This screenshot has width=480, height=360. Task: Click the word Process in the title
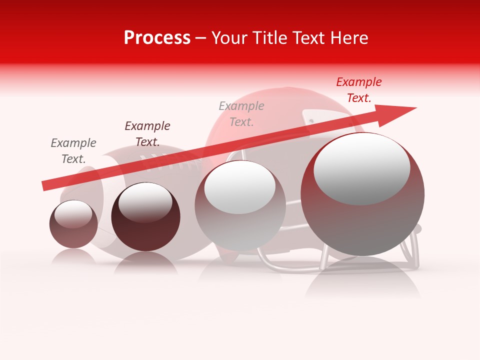(157, 38)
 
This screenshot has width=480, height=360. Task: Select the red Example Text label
(358, 90)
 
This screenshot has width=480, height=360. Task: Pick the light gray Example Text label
(241, 113)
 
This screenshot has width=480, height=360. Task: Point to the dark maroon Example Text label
(147, 133)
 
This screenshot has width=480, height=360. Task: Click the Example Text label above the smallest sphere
(73, 150)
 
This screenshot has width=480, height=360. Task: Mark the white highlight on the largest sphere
(362, 168)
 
